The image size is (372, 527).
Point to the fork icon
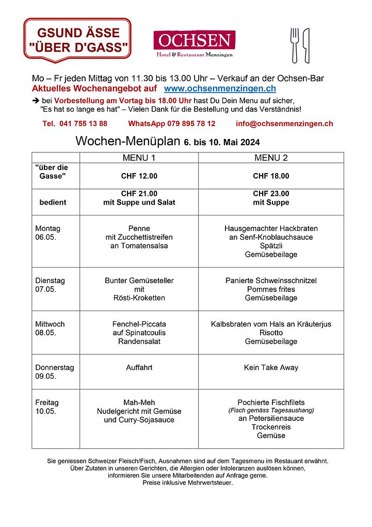(295, 45)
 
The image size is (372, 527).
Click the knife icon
(306, 45)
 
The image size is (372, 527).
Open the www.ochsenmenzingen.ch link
(219, 89)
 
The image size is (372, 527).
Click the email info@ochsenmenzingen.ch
(284, 123)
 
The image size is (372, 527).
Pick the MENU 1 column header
(139, 158)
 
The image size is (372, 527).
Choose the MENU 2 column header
(271, 158)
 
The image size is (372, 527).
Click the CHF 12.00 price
(139, 176)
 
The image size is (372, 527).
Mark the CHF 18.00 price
(271, 176)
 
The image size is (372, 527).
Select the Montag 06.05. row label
(47, 233)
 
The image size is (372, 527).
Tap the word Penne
(139, 228)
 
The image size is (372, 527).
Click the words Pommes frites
(271, 289)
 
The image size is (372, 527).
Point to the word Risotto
(271, 333)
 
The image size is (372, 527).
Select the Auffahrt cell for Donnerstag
(139, 368)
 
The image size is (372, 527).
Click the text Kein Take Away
(271, 368)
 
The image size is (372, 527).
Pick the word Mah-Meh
(139, 402)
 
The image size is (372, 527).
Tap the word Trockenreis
(271, 427)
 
